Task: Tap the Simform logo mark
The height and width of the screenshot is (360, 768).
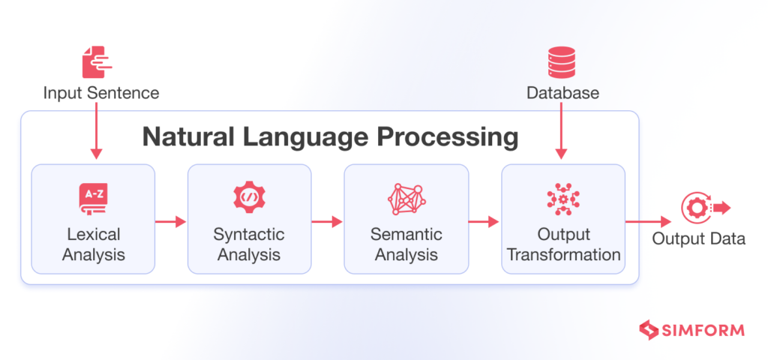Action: tap(647, 329)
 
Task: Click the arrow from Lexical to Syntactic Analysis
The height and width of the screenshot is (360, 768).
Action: tap(170, 221)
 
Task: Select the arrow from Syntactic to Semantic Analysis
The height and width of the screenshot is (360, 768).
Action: tap(327, 221)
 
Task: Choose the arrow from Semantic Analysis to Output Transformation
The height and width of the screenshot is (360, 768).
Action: tap(484, 221)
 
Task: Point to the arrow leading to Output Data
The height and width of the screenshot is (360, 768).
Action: tap(648, 221)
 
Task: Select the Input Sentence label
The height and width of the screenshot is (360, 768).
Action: tap(100, 94)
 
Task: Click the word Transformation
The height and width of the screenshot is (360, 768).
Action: tap(563, 255)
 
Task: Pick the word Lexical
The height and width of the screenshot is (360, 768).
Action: tap(94, 234)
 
